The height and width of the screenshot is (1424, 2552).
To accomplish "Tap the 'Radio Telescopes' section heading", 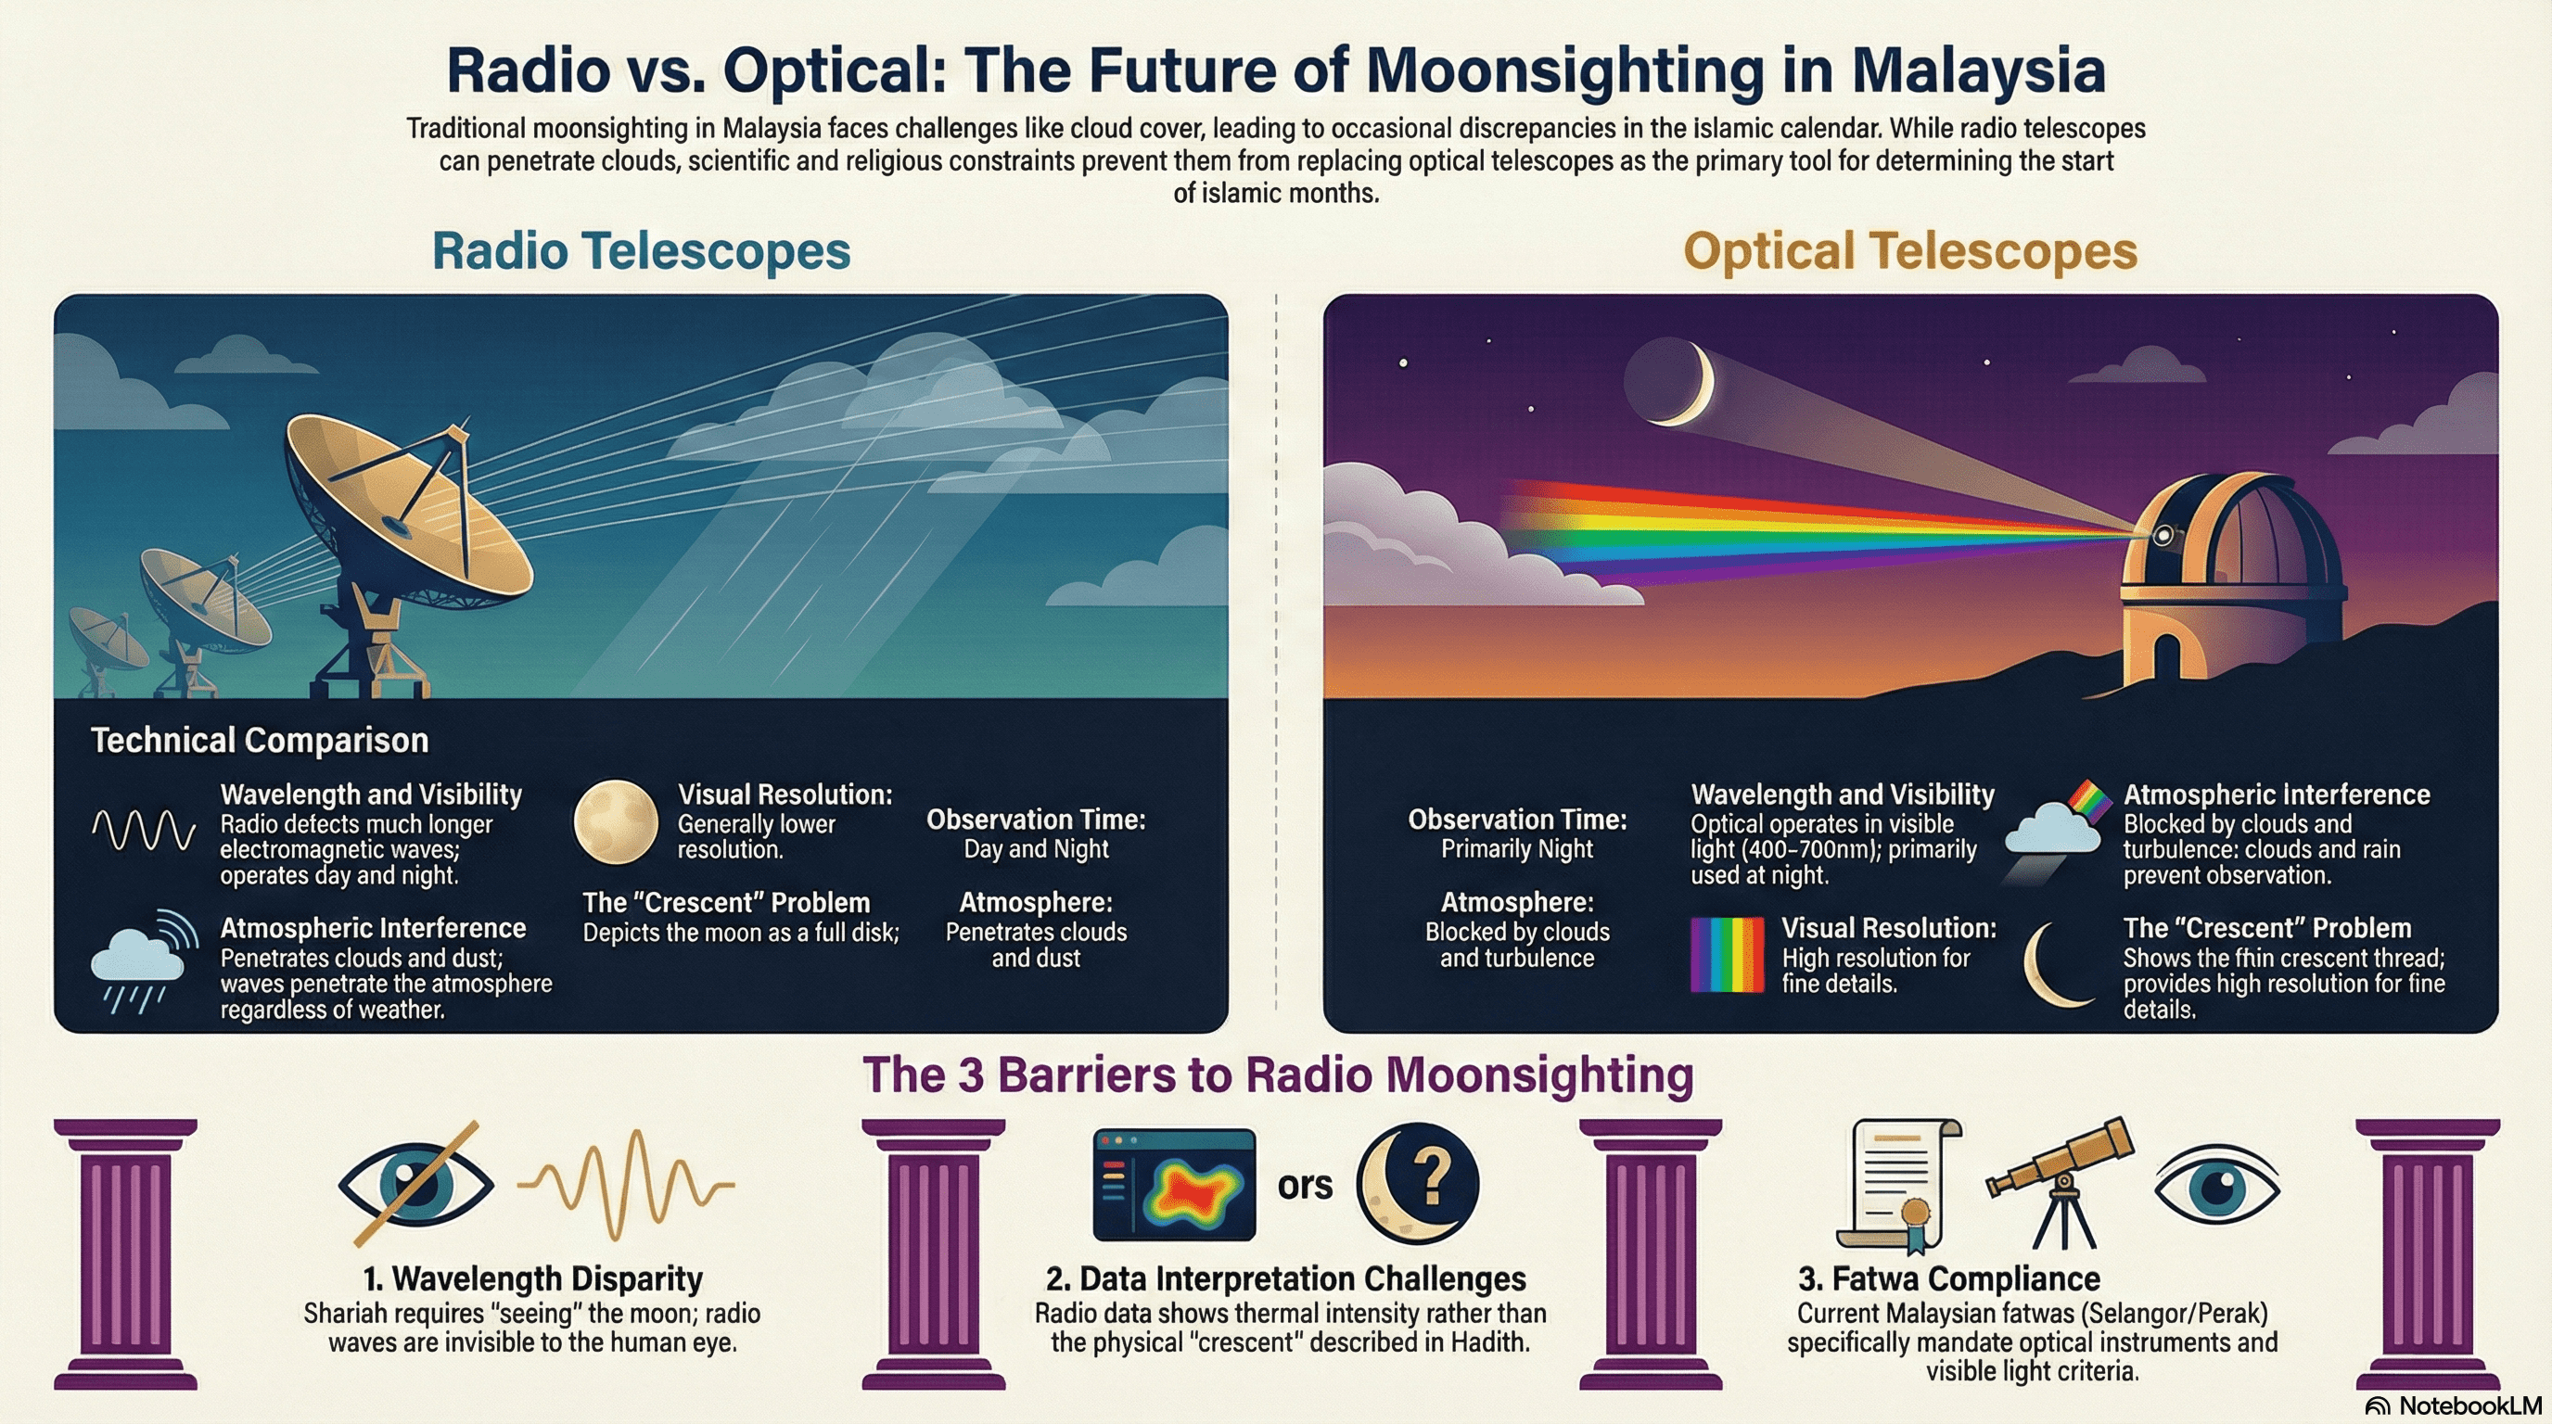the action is click(641, 250).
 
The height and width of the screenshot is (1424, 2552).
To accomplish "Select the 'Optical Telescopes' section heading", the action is click(1910, 250).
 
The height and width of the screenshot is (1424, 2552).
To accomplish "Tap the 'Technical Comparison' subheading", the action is click(260, 740).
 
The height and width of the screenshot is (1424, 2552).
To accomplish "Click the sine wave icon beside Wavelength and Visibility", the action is click(144, 831).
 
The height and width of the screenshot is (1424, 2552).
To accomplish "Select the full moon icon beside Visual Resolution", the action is click(615, 822).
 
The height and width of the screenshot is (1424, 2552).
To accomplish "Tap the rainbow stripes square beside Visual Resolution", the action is click(1727, 955).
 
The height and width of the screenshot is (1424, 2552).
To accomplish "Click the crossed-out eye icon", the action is click(416, 1182).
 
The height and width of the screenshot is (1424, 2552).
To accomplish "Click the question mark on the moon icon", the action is click(1431, 1178).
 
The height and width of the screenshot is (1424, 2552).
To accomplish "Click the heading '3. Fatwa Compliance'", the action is click(1948, 1278).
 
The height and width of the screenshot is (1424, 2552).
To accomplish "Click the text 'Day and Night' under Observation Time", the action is click(1036, 848).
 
